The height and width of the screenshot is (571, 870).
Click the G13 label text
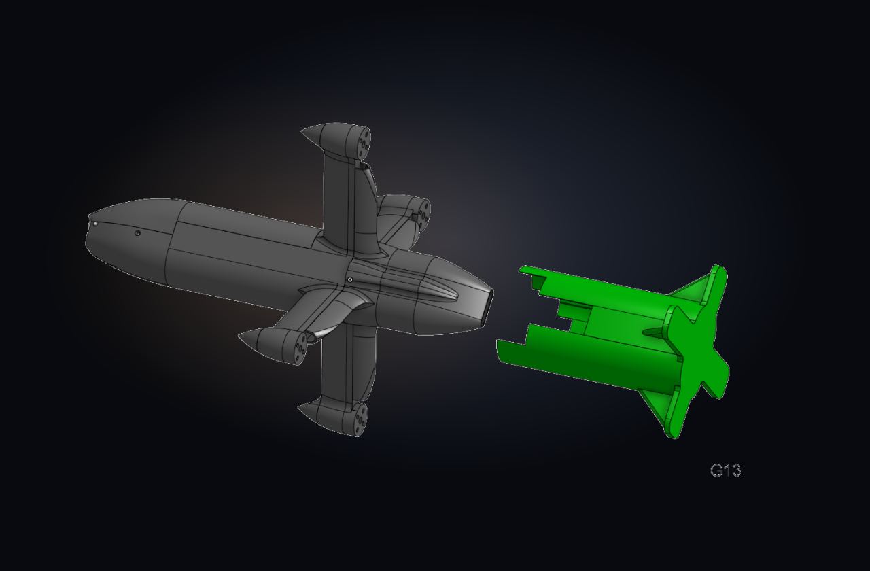(x=725, y=470)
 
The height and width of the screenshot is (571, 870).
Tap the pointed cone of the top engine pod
(x=312, y=135)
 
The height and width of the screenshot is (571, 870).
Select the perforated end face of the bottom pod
(x=360, y=419)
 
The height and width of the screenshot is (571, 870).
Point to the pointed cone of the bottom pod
(x=309, y=412)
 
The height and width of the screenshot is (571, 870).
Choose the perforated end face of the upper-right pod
(x=423, y=215)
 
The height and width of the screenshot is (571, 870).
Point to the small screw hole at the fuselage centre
(x=350, y=279)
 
